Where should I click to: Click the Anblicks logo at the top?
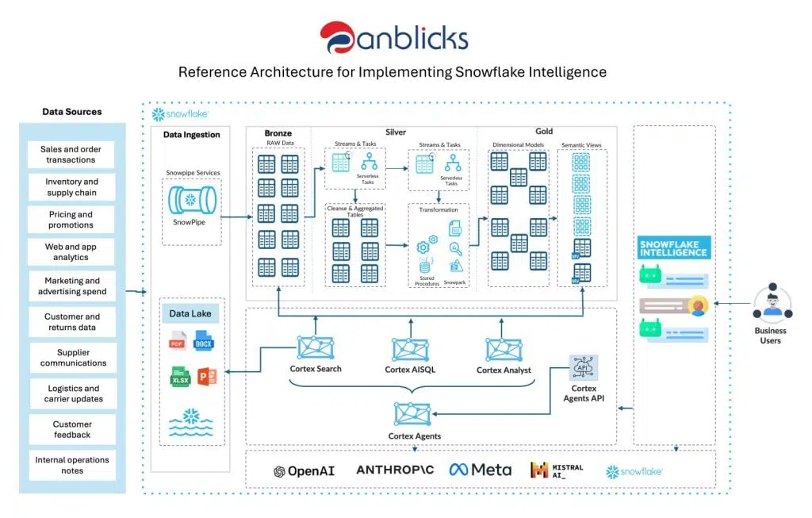click(393, 38)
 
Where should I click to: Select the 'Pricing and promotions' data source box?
click(71, 220)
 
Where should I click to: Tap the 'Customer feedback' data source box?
click(71, 429)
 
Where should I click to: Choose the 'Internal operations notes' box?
click(71, 465)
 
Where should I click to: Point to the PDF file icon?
click(178, 343)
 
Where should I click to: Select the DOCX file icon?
click(204, 343)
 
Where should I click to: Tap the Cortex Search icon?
click(315, 347)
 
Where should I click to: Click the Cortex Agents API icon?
click(584, 367)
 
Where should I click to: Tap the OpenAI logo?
click(304, 470)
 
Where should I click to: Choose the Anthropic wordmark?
click(394, 470)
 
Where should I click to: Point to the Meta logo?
click(480, 470)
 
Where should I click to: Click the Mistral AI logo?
click(557, 470)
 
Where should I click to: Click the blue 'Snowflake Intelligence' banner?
click(673, 247)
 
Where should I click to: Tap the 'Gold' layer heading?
click(543, 132)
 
